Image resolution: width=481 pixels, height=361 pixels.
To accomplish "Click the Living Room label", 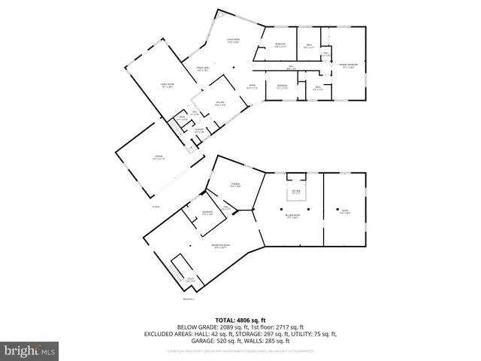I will coord(232,41).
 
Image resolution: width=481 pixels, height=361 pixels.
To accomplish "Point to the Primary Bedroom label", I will coord(347,65).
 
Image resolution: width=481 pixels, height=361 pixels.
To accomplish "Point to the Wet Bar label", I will coord(296,193).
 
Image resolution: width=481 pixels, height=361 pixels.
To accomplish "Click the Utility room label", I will coord(191,281).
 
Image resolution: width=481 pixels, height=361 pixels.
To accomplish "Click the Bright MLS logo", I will coord(29,350).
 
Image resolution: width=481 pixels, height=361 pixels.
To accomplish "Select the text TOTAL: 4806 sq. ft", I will coord(240,320).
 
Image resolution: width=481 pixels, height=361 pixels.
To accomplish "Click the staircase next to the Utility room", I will coord(180,267).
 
